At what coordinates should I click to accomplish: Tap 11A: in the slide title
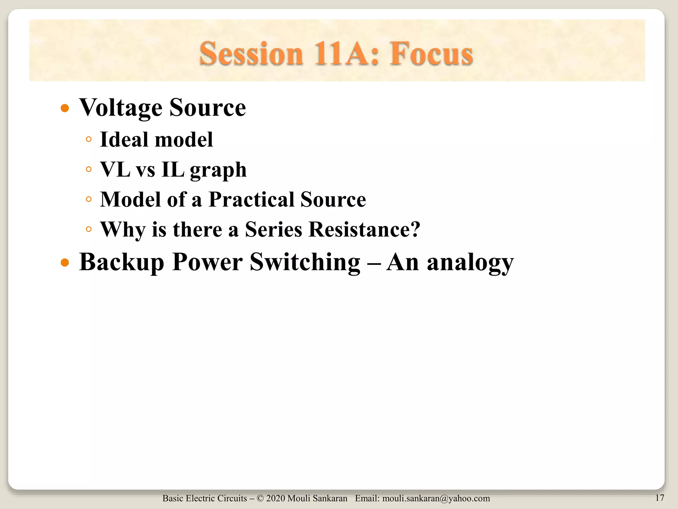(346, 54)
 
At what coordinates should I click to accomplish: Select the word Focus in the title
(431, 54)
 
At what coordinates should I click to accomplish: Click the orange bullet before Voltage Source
(65, 108)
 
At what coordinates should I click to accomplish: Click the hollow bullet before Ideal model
(88, 140)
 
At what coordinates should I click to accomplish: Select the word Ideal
(124, 139)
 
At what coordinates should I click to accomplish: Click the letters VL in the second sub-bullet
(115, 169)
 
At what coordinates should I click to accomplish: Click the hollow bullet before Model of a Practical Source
(88, 199)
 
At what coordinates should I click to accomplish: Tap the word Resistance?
(364, 229)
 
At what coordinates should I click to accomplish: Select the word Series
(273, 229)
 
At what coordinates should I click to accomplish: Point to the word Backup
(121, 262)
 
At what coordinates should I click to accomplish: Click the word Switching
(305, 262)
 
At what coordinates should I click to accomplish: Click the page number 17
(659, 498)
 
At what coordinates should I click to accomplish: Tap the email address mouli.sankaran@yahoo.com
(436, 498)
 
